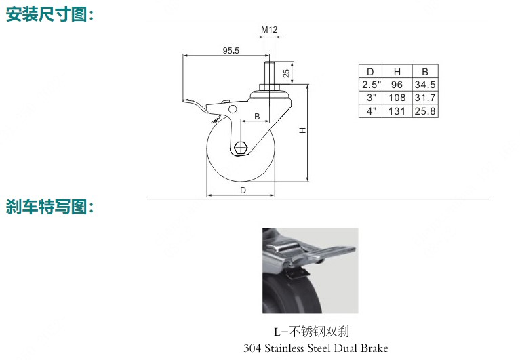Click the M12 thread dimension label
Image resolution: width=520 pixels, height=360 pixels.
tap(269, 30)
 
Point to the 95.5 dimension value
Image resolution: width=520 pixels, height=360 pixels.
tap(231, 51)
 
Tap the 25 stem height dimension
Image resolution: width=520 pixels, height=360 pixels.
tap(286, 73)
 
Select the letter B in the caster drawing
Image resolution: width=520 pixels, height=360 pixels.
tap(257, 117)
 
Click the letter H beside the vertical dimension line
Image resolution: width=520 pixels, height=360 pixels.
tap(303, 131)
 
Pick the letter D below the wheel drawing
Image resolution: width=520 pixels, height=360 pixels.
tap(243, 191)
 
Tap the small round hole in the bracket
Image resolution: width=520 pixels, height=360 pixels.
tap(233, 109)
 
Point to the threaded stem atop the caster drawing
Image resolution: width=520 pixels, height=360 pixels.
tap(269, 73)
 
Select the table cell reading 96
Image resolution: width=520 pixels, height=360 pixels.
tap(397, 85)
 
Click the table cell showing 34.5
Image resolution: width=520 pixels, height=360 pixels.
tap(425, 85)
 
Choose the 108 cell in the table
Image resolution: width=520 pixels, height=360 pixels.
tap(397, 98)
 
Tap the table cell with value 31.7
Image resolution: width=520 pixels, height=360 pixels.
tap(425, 98)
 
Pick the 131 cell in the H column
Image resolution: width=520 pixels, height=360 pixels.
tap(397, 111)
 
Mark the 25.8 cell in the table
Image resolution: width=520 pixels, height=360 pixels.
tap(425, 111)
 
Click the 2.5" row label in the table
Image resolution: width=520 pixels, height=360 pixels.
tap(372, 85)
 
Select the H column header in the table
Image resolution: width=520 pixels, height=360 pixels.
tap(397, 72)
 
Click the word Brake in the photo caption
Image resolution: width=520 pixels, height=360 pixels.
tap(374, 348)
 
